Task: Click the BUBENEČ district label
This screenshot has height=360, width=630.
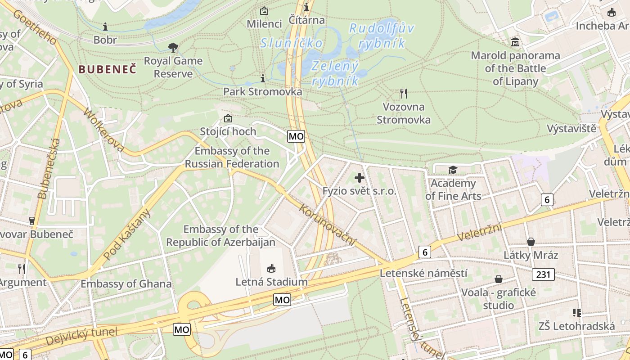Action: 107,69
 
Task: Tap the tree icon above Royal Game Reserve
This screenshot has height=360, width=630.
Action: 173,47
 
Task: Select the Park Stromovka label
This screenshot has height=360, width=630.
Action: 262,92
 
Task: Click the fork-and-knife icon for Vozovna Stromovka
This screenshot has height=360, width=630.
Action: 404,94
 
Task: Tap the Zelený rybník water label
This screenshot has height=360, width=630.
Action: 335,73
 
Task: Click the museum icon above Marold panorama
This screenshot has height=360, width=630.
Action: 515,42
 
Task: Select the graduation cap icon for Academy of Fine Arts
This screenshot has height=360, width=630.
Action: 453,170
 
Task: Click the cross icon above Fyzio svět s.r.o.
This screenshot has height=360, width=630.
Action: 360,178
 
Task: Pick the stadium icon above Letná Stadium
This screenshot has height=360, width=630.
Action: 271,269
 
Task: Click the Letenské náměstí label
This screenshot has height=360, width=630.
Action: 423,273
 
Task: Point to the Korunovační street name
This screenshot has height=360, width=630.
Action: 327,225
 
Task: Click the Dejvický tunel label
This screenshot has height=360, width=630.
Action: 81,337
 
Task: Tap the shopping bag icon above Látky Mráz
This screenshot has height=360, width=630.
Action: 531,242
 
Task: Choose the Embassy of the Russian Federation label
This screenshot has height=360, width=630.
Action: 232,157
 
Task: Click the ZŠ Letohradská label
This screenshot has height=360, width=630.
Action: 577,326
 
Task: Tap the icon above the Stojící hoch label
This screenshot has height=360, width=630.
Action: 228,119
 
